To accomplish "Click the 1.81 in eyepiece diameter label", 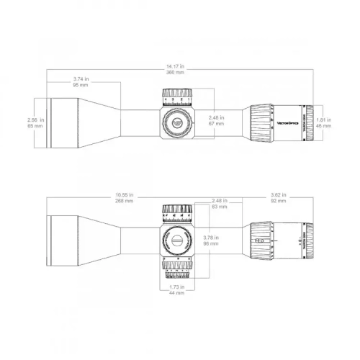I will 325,120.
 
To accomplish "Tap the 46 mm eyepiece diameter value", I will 325,125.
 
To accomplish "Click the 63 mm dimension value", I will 220,207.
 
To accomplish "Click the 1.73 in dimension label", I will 176,287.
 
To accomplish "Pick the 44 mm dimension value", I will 176,293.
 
